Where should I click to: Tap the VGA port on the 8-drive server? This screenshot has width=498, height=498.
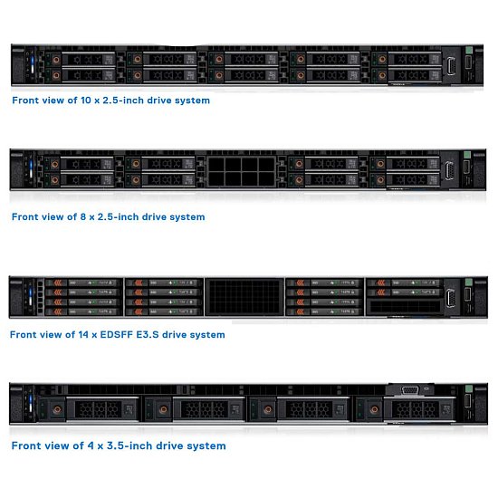[449, 170]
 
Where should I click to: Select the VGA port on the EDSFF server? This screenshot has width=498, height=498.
[451, 298]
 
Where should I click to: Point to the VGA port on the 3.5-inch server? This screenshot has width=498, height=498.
[410, 390]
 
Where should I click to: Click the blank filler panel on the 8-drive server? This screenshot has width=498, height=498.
[242, 172]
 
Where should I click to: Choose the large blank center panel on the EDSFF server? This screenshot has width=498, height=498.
[244, 297]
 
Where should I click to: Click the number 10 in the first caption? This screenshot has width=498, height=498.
[86, 101]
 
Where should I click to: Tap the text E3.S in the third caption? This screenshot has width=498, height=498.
[148, 335]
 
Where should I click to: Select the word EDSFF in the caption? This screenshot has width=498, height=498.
[117, 335]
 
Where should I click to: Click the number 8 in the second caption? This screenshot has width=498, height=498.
[83, 217]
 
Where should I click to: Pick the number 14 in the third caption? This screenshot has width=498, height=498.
[83, 335]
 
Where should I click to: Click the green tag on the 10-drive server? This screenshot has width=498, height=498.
[469, 50]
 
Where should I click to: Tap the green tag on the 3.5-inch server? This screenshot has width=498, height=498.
[469, 388]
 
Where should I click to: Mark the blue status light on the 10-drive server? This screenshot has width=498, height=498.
[32, 61]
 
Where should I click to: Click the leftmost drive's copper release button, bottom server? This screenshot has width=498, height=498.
[57, 409]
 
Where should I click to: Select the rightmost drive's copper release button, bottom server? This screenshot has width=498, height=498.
[374, 409]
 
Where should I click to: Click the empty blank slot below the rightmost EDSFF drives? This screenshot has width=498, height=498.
[405, 306]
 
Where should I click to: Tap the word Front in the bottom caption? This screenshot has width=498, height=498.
[24, 445]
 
